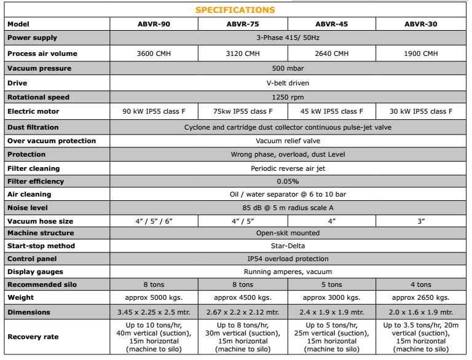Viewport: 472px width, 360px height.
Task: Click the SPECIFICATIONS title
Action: pyautogui.click(x=235, y=10)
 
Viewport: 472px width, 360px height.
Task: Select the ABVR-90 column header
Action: pyautogui.click(x=154, y=24)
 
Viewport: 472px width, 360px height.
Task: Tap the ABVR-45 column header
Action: pyautogui.click(x=332, y=24)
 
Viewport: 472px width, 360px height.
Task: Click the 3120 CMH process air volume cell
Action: pyautogui.click(x=243, y=53)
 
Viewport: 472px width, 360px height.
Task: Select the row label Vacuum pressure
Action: pyautogui.click(x=39, y=68)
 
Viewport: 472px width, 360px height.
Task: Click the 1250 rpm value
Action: pyautogui.click(x=288, y=97)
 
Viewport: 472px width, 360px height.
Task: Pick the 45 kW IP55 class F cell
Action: pyautogui.click(x=332, y=112)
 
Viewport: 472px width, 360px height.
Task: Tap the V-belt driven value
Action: pyautogui.click(x=288, y=83)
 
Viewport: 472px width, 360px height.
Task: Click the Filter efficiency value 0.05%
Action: pyautogui.click(x=288, y=181)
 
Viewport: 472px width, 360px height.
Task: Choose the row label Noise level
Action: pyautogui.click(x=29, y=208)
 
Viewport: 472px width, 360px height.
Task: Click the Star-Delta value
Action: pyautogui.click(x=288, y=246)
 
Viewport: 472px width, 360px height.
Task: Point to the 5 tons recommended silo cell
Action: pyautogui.click(x=332, y=284)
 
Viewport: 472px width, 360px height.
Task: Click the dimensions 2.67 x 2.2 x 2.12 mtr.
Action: pyautogui.click(x=243, y=312)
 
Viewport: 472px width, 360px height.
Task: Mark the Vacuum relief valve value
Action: pyautogui.click(x=288, y=141)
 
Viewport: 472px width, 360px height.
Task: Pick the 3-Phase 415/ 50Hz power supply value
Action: pyautogui.click(x=288, y=38)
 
